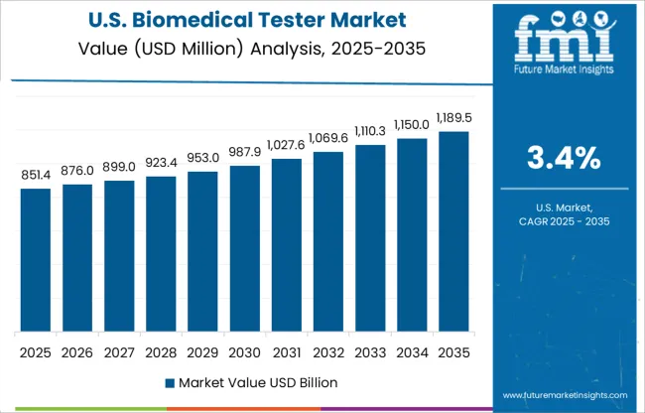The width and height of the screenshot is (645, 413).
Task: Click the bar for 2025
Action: (35, 259)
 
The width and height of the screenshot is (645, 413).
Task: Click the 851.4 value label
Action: (35, 176)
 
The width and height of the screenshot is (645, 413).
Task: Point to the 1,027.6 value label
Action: (285, 146)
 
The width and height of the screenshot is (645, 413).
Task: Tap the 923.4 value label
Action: (160, 164)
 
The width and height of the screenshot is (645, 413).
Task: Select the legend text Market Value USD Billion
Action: (252, 382)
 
